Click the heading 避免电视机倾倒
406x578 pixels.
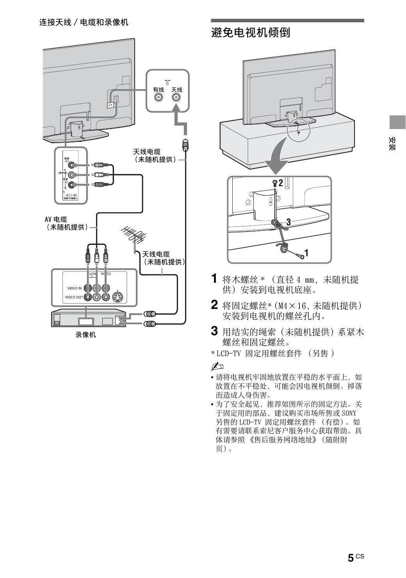click(x=250, y=33)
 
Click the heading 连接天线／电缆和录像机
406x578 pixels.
click(x=84, y=22)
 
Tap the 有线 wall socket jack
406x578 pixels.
click(x=158, y=98)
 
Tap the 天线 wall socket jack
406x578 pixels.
click(x=176, y=98)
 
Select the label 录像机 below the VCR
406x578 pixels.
click(x=85, y=335)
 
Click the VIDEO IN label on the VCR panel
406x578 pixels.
click(x=74, y=288)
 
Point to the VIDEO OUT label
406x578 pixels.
click(x=73, y=297)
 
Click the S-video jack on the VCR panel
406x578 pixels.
click(x=117, y=297)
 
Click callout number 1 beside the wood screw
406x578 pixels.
click(x=306, y=253)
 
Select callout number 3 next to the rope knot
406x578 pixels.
click(x=288, y=222)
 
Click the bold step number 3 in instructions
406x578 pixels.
click(x=214, y=331)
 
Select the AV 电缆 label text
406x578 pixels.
click(x=56, y=219)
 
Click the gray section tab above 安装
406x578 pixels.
click(x=397, y=122)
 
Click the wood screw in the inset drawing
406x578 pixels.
click(x=300, y=256)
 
